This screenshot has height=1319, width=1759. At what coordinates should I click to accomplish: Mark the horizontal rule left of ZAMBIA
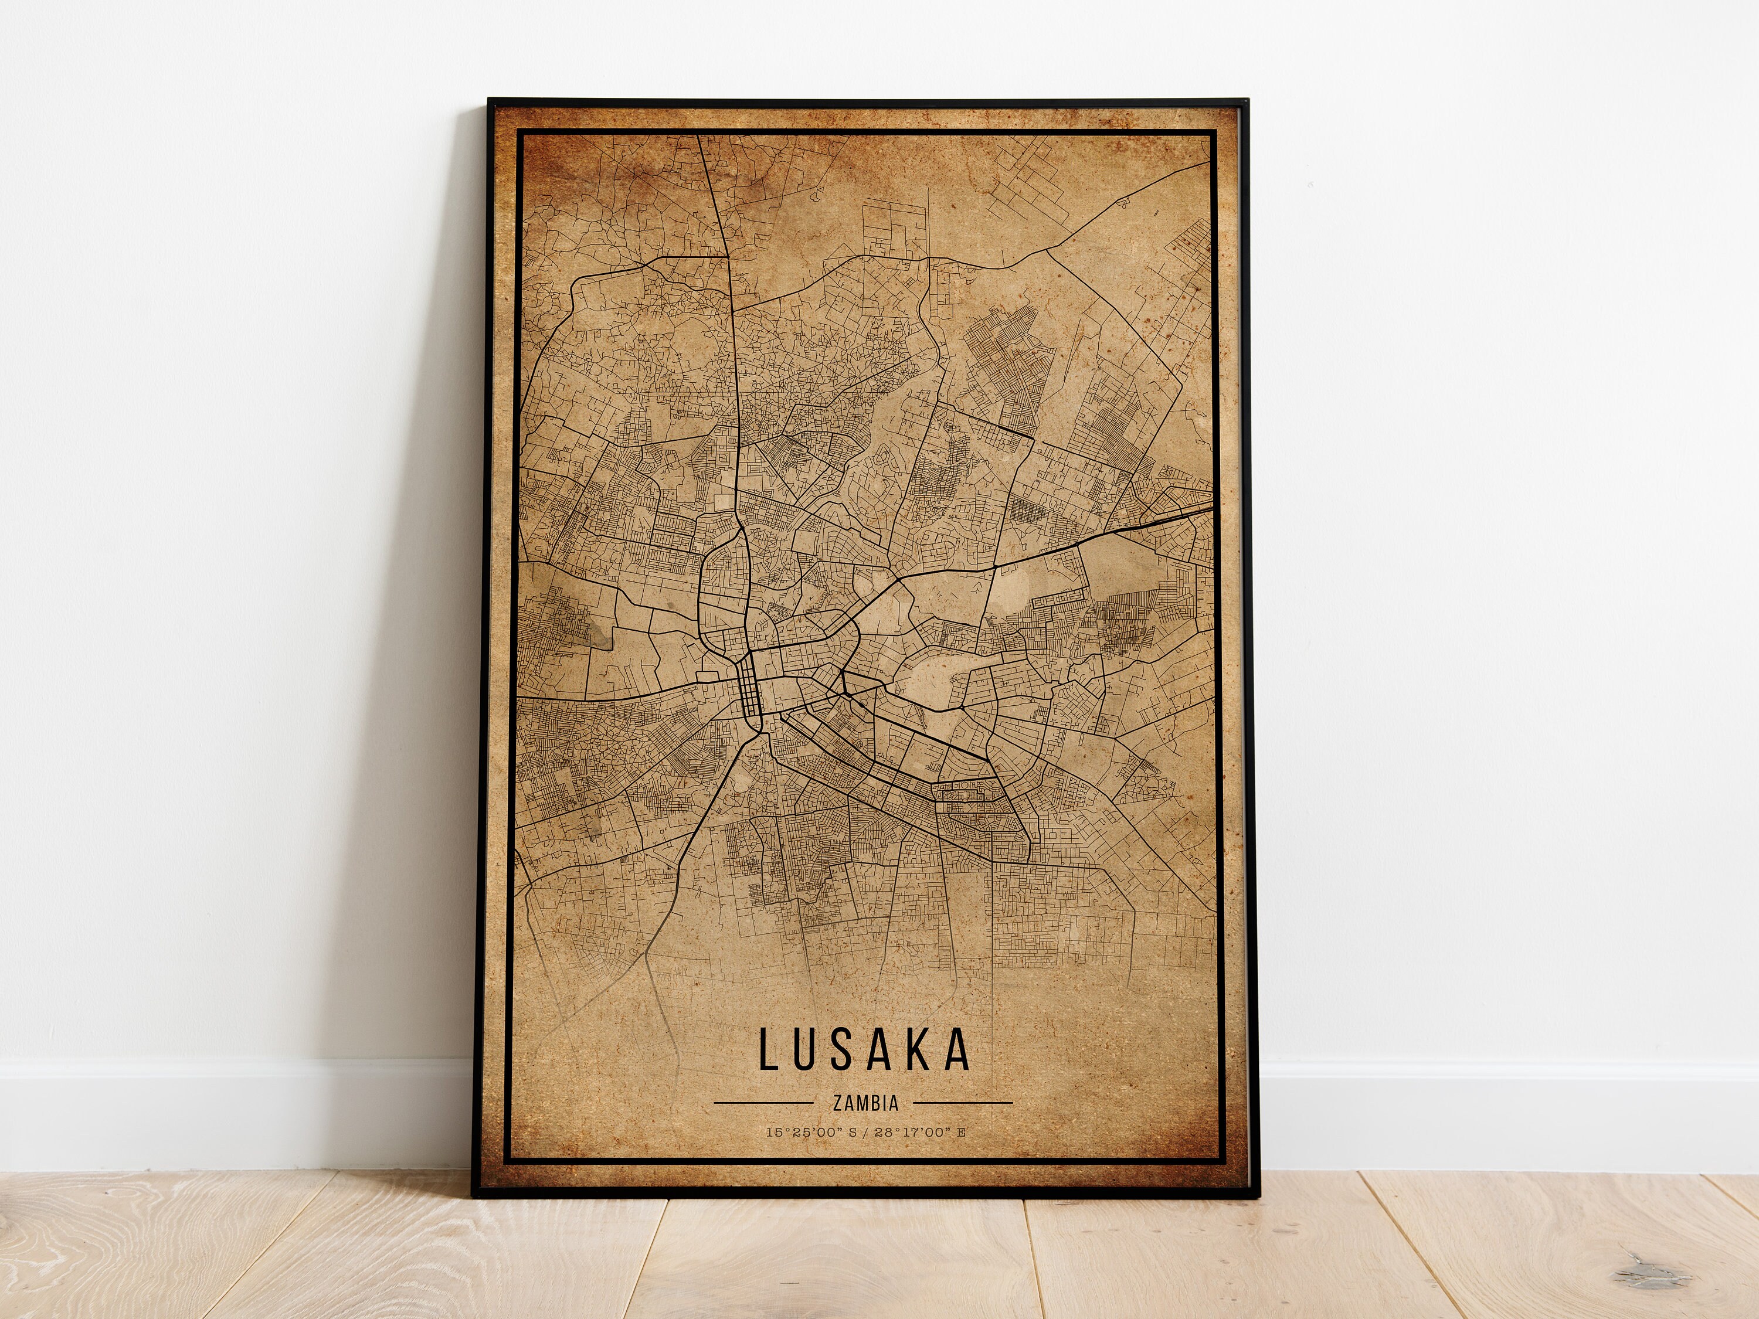(x=764, y=1103)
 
